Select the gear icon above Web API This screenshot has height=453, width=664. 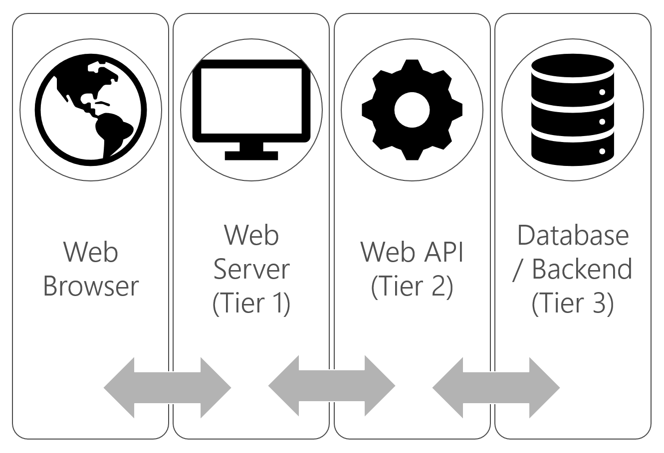pyautogui.click(x=412, y=110)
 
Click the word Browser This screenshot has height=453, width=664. pyautogui.click(x=90, y=286)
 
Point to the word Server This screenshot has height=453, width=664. pyautogui.click(x=251, y=270)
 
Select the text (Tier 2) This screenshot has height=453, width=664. pyautogui.click(x=412, y=285)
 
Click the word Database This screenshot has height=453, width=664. pyautogui.click(x=573, y=235)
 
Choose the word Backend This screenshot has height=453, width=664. pyautogui.click(x=582, y=269)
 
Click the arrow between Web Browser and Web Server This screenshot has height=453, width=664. pyautogui.click(x=168, y=387)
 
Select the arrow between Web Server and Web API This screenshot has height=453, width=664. pyautogui.click(x=332, y=386)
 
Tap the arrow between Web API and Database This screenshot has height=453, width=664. pyautogui.click(x=496, y=386)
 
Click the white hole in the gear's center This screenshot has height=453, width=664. pyautogui.click(x=412, y=111)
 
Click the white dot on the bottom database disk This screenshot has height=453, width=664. pyautogui.click(x=602, y=151)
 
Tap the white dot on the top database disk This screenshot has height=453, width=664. pyautogui.click(x=602, y=92)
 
